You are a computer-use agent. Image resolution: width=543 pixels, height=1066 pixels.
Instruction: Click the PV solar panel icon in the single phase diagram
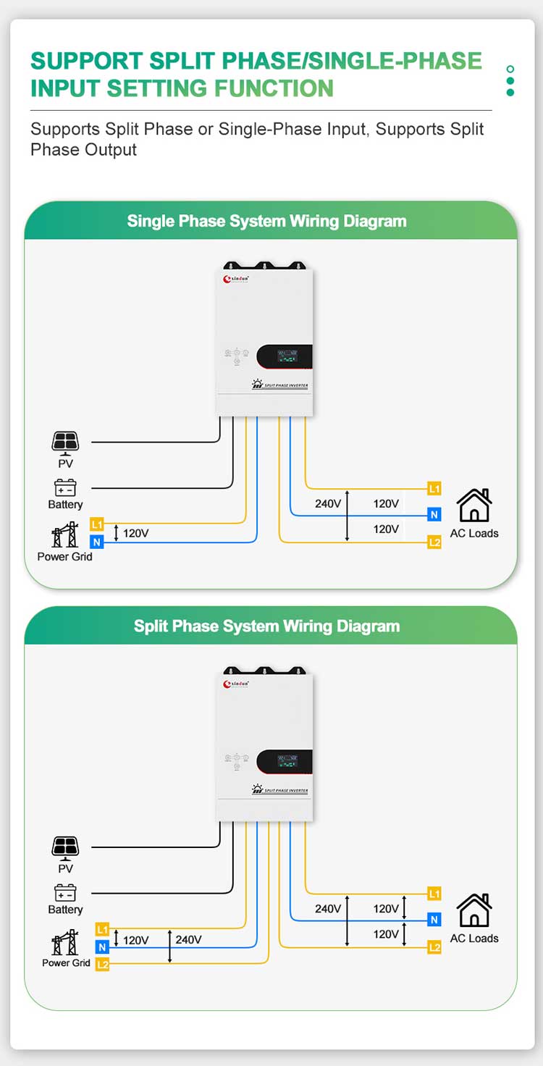[65, 441]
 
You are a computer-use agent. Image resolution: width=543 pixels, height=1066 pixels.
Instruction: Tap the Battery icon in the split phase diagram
[65, 892]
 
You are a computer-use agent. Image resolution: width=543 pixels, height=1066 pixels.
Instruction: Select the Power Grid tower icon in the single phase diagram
[64, 535]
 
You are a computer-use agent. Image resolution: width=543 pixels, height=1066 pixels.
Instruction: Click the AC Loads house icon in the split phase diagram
[474, 910]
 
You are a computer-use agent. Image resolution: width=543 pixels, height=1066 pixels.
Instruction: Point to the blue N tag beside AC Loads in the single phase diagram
[434, 515]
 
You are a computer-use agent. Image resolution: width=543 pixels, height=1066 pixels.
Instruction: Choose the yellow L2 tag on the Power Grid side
[102, 964]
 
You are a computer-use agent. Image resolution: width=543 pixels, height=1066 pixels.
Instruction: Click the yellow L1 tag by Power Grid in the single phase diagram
[97, 523]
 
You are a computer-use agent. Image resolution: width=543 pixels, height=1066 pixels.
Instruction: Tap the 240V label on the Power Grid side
[188, 940]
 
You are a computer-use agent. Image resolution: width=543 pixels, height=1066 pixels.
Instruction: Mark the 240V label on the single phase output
[328, 504]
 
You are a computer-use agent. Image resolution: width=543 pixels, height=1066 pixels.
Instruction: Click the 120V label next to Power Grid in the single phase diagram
[135, 534]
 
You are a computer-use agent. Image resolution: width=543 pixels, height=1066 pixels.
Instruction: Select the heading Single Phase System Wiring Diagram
[266, 221]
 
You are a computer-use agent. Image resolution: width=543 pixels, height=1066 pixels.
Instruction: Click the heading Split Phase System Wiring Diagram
[266, 626]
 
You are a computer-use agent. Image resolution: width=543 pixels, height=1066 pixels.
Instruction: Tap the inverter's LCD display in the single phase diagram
[288, 356]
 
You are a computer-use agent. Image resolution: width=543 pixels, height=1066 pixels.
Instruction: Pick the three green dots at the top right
[510, 80]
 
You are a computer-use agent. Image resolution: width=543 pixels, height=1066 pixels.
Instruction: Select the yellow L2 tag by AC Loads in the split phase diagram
[434, 947]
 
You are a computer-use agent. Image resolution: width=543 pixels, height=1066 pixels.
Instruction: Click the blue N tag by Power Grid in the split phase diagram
[102, 947]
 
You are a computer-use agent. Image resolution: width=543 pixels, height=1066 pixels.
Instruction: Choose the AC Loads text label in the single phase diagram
[474, 534]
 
